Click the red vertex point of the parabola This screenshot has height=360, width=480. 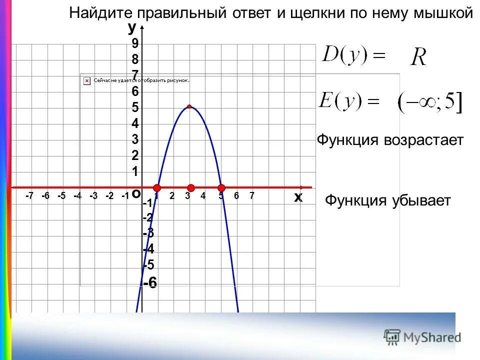[x=189, y=106]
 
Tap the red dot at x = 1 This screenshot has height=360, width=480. [x=157, y=188]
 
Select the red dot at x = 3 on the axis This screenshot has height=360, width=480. [x=191, y=188]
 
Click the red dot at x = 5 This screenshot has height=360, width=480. [x=222, y=188]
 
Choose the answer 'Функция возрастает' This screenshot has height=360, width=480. [x=390, y=140]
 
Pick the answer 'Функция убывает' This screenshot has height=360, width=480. [x=388, y=201]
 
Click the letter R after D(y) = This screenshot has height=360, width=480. [x=418, y=57]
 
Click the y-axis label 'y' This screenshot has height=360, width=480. [x=132, y=26]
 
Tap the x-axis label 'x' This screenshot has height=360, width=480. [x=298, y=197]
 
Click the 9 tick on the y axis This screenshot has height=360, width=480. [x=135, y=43]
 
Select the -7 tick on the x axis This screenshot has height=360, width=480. [x=29, y=196]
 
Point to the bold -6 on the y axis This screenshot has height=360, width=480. [x=150, y=283]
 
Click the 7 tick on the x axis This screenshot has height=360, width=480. [x=252, y=195]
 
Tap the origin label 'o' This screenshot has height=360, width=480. [x=135, y=194]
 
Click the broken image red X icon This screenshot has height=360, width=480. [x=86, y=80]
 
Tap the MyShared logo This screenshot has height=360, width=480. [x=422, y=337]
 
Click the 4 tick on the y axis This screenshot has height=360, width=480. [x=135, y=123]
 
